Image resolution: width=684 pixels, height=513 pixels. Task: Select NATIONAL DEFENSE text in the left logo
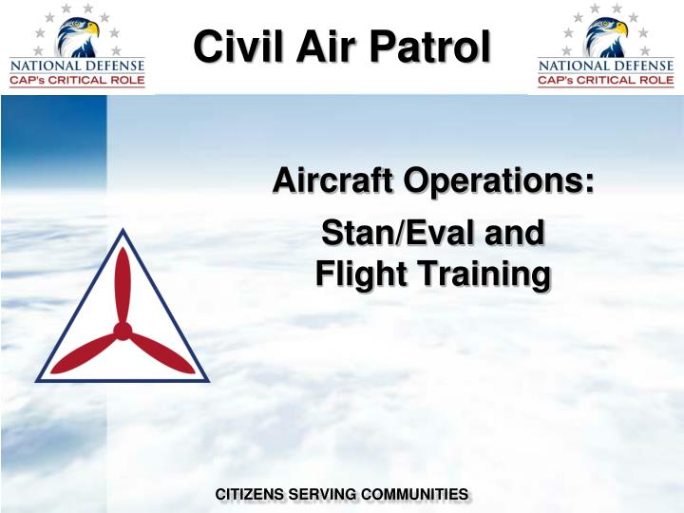[x=77, y=66]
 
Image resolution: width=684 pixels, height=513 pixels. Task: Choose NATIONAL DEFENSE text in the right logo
[x=605, y=66]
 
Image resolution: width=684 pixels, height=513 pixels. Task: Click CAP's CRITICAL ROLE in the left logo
[x=77, y=81]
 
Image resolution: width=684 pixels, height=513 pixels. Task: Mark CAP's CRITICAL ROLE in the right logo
[x=605, y=81]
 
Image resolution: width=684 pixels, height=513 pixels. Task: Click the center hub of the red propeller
[x=123, y=331]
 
